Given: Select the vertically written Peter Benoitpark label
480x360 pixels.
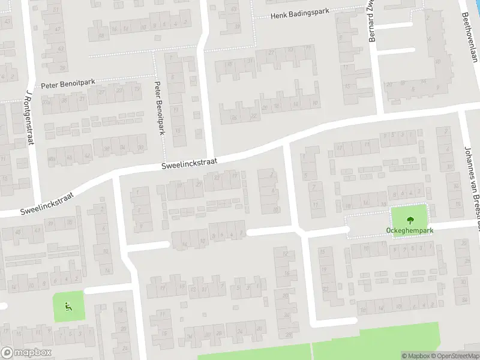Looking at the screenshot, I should pyautogui.click(x=159, y=107).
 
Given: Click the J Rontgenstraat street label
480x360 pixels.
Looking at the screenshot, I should pyautogui.click(x=28, y=118).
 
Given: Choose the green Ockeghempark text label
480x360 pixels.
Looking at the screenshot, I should pyautogui.click(x=410, y=230).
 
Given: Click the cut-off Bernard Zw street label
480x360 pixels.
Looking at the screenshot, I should pyautogui.click(x=371, y=21).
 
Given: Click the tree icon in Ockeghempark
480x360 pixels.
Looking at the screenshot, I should pyautogui.click(x=410, y=219).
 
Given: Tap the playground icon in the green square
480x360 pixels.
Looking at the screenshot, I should pyautogui.click(x=68, y=307).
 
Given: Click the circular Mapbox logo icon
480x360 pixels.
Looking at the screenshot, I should pyautogui.click(x=7, y=353).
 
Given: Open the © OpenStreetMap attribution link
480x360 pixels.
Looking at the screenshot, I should pyautogui.click(x=455, y=356).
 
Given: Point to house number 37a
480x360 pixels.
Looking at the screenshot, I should pyautogui.click(x=47, y=102).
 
